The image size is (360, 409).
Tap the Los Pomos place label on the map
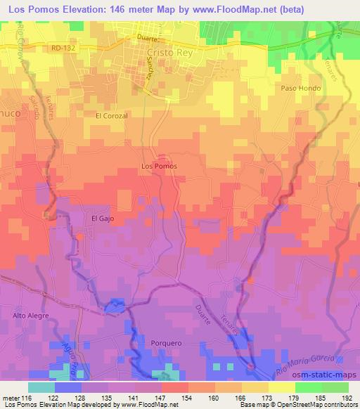pyautogui.click(x=159, y=166)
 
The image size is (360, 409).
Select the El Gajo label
pyautogui.click(x=103, y=218)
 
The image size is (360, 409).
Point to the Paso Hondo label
pyautogui.click(x=301, y=89)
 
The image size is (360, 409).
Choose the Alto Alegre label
pyautogui.click(x=30, y=316)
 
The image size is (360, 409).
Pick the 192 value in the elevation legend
pyautogui.click(x=347, y=398)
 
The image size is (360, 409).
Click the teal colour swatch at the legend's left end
pyautogui.click(x=41, y=387)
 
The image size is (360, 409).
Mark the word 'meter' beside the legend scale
pyautogui.click(x=11, y=398)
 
